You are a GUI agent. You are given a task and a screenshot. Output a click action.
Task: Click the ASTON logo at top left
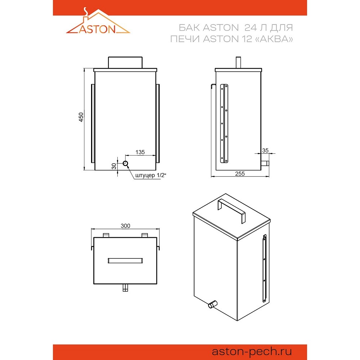pyautogui.click(x=98, y=21)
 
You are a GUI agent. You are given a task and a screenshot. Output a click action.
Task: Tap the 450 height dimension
pyautogui.click(x=81, y=117)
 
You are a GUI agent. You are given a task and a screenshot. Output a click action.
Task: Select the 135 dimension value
pyautogui.click(x=140, y=152)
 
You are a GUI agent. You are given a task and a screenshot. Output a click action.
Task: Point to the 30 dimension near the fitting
pyautogui.click(x=114, y=166)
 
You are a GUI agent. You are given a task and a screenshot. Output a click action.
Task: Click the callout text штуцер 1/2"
pyautogui.click(x=150, y=175)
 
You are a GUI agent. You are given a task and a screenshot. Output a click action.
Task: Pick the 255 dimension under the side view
pyautogui.click(x=240, y=174)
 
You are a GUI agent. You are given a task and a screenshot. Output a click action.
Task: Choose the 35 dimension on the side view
pyautogui.click(x=265, y=150)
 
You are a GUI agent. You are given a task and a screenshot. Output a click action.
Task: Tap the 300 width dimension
pyautogui.click(x=125, y=226)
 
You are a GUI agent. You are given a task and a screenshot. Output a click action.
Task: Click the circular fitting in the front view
pyautogui.click(x=125, y=163)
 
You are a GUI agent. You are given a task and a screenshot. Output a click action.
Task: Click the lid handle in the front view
pyautogui.click(x=125, y=62)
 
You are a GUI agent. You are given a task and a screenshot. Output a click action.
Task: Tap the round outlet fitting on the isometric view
pyautogui.click(x=213, y=304)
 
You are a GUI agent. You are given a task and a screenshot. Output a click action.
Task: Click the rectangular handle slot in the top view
pyautogui.click(x=125, y=261)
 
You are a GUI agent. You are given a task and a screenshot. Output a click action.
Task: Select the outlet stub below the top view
pyautogui.click(x=125, y=287)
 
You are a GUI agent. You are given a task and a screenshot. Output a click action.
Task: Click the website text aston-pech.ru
pyautogui.click(x=252, y=351)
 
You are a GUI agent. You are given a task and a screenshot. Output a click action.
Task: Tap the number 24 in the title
pyautogui.click(x=251, y=28)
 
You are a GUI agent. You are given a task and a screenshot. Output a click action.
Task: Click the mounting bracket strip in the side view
pyautogui.click(x=224, y=123)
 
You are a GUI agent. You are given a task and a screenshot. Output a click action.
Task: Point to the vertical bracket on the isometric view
pyautogui.click(x=265, y=268)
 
